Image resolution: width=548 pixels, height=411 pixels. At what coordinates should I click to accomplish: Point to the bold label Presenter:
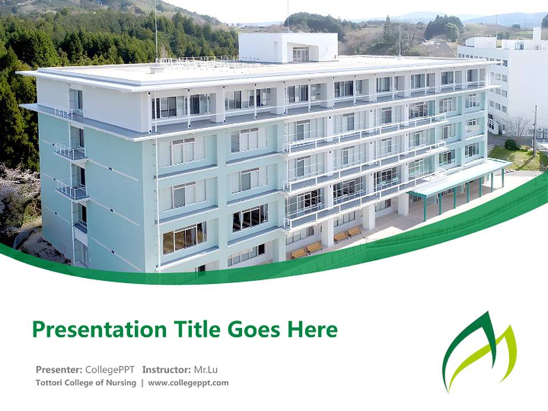[59, 369]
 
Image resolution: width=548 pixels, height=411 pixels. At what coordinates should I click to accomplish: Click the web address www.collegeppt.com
[188, 383]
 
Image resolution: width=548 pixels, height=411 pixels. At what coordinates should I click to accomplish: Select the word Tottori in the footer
[50, 383]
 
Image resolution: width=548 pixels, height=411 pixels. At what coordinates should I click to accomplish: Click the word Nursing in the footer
[120, 383]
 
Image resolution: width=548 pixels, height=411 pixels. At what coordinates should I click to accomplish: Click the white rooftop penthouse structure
[288, 47]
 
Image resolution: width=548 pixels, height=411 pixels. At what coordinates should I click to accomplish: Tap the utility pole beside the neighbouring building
[535, 131]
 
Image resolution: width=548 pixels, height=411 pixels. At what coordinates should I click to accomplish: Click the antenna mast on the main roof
[155, 31]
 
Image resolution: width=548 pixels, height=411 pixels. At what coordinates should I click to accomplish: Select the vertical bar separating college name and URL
[142, 383]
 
